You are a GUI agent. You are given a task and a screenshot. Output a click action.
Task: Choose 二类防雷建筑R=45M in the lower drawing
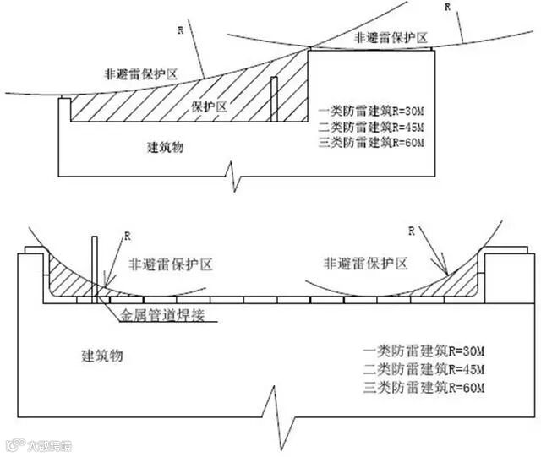[x=424, y=368]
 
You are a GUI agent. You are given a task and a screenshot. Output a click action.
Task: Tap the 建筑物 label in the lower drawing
[x=102, y=355]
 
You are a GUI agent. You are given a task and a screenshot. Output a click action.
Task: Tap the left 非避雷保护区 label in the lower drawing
[x=170, y=264]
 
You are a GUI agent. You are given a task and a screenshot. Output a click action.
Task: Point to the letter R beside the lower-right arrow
[x=412, y=230]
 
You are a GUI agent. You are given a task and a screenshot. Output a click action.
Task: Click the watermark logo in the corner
[x=39, y=444]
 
